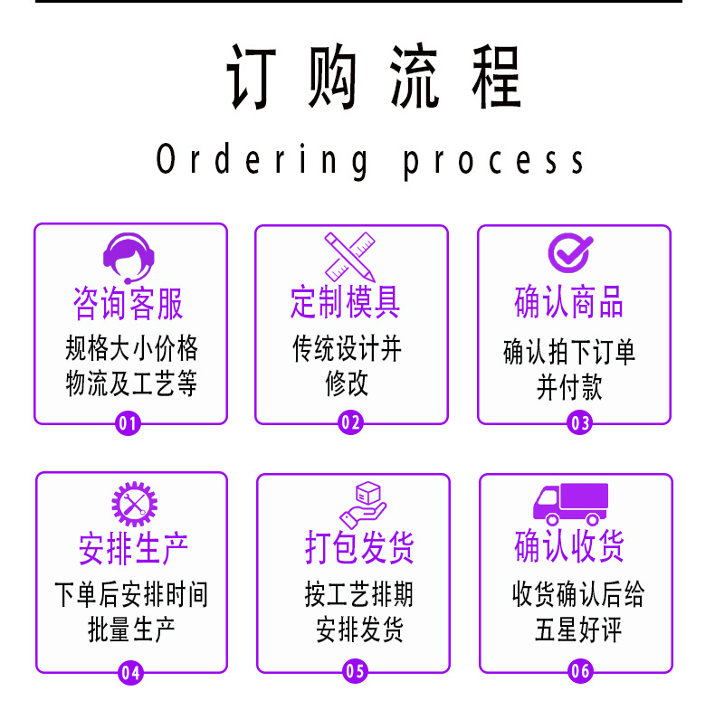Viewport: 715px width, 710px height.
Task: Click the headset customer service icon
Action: click(x=129, y=253)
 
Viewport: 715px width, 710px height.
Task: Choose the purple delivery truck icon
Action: click(x=570, y=503)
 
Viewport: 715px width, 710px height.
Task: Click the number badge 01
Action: click(x=129, y=422)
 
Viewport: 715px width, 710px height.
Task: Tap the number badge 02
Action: click(x=350, y=422)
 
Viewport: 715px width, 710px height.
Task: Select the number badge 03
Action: click(x=579, y=422)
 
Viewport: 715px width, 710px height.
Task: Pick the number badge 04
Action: click(x=130, y=672)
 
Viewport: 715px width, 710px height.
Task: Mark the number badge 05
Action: click(x=355, y=672)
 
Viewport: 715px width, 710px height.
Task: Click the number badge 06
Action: click(x=579, y=672)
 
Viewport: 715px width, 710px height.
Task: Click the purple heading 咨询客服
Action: click(x=129, y=304)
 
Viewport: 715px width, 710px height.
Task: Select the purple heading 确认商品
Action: click(x=569, y=303)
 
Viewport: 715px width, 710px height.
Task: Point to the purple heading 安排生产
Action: click(x=132, y=549)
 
